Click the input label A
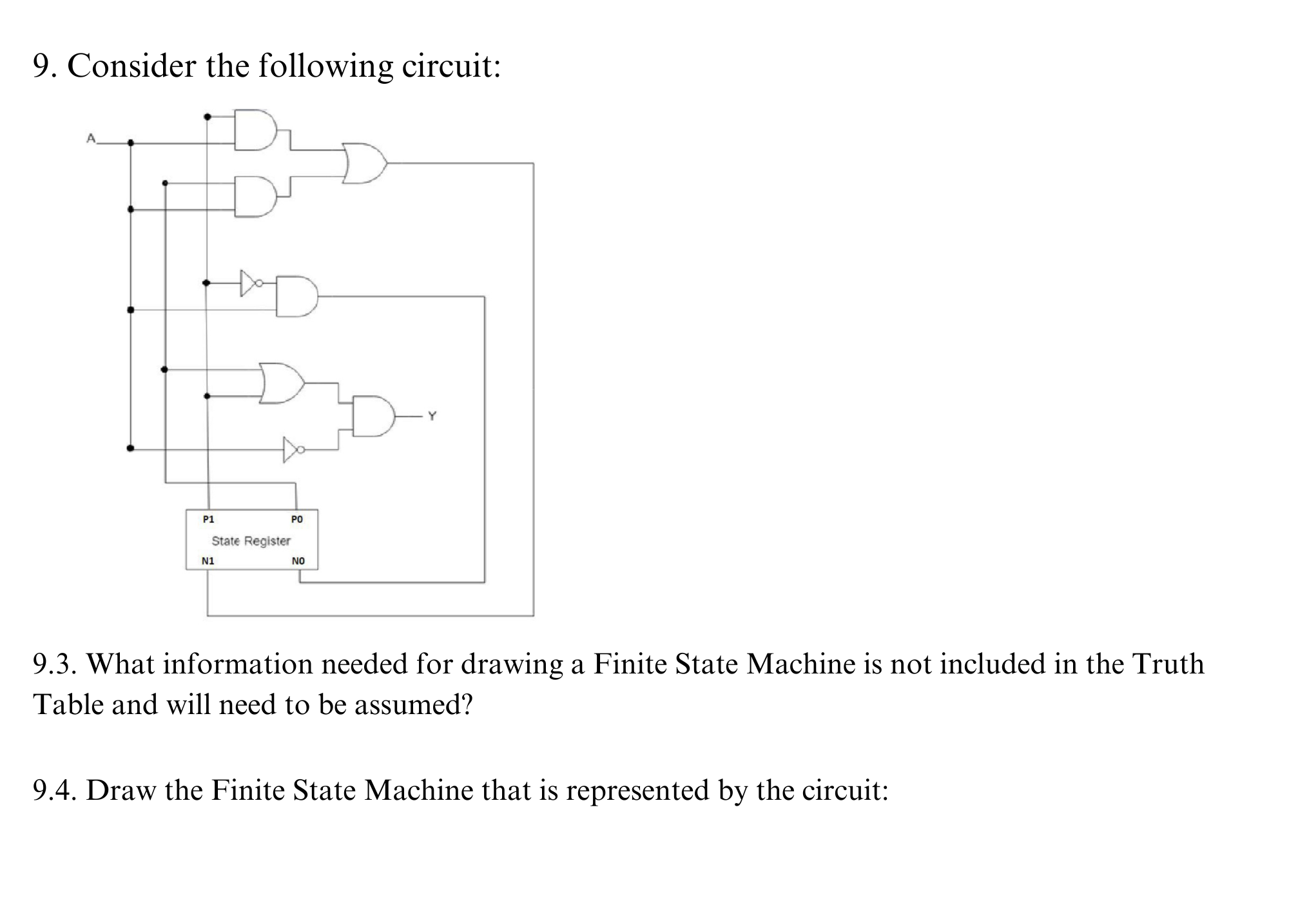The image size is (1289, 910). tap(91, 138)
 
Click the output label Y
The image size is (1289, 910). tap(432, 416)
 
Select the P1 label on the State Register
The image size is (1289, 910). tap(208, 519)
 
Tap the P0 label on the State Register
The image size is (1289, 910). tap(296, 519)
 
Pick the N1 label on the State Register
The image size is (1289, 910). tap(208, 561)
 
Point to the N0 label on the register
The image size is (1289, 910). tap(298, 561)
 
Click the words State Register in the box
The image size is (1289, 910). tap(251, 541)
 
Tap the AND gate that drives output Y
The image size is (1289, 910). tap(373, 417)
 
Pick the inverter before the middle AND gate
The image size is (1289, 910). tap(249, 283)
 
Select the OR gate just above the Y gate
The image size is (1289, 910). tap(281, 383)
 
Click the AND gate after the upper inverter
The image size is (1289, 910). tap(296, 296)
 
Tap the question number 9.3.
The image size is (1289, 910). tap(54, 664)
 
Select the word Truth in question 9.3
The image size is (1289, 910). tap(1167, 664)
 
